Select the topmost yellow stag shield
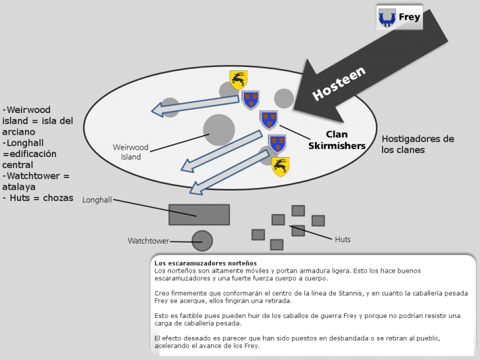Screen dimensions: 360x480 pos(238,79)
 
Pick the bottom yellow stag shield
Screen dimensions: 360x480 pos(281,166)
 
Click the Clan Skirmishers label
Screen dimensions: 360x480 pos(337,140)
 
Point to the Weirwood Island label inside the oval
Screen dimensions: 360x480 pos(130,152)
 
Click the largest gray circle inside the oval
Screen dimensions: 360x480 pos(219,130)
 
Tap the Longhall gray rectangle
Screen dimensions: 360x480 pos(199,215)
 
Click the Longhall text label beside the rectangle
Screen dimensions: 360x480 pos(97,200)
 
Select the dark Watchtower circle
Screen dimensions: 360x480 pos(202,241)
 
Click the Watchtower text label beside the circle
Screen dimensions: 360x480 pos(148,241)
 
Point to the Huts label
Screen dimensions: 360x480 pos(343,240)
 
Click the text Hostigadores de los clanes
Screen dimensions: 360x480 pos(418,144)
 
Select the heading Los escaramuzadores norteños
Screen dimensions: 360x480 pos(201,263)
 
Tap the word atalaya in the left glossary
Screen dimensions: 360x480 pos(19,187)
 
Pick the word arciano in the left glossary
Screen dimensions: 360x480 pos(21,131)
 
